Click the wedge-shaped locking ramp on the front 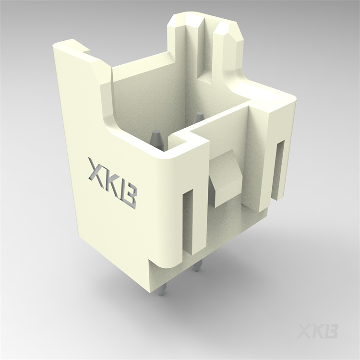click(225, 178)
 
